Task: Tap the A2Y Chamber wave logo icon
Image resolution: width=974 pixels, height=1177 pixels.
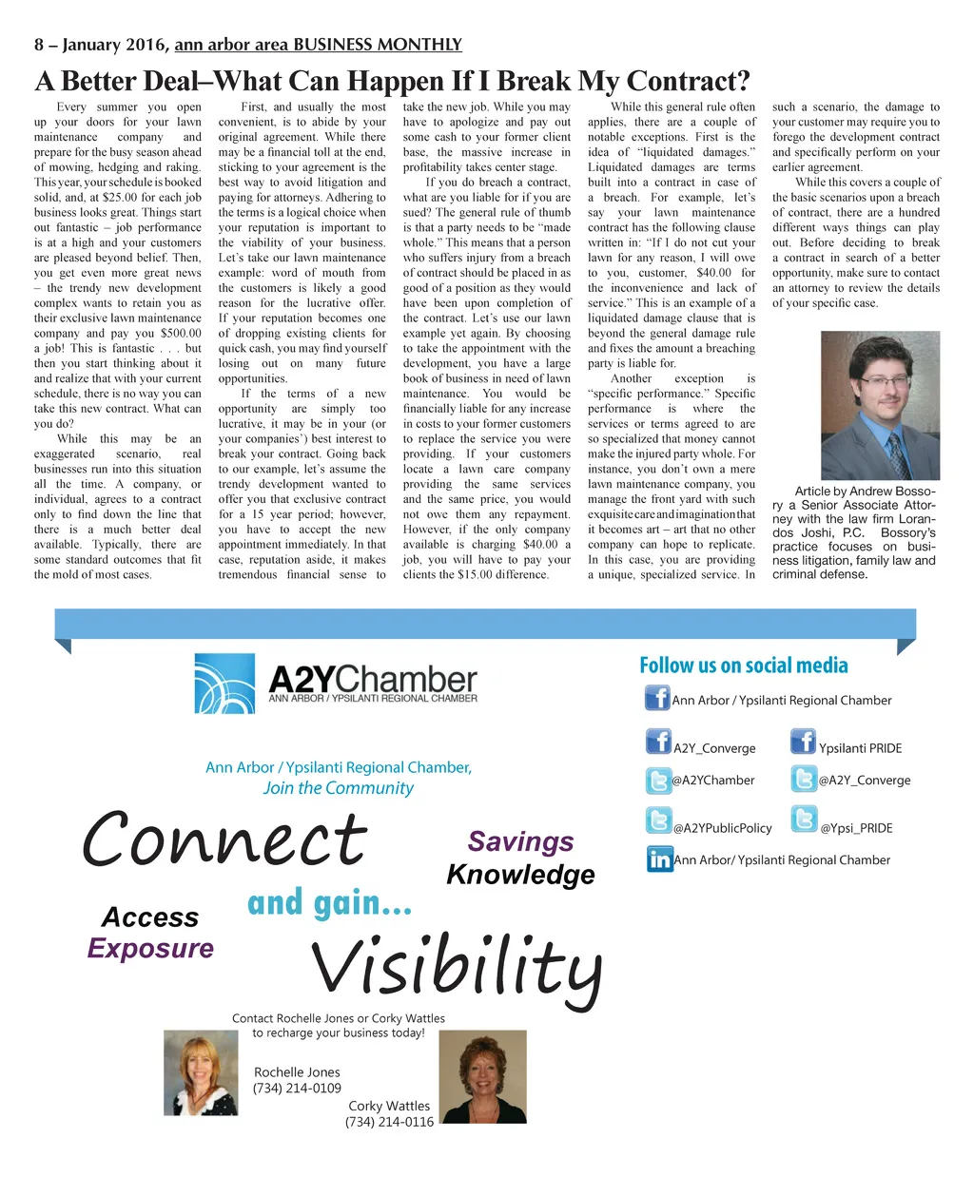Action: [x=224, y=683]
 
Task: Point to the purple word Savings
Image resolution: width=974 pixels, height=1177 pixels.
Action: [x=520, y=841]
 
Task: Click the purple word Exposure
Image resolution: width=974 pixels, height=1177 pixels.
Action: [x=150, y=948]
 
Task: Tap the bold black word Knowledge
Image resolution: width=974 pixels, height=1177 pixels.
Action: [x=520, y=875]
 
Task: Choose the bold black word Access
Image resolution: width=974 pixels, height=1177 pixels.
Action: [x=150, y=917]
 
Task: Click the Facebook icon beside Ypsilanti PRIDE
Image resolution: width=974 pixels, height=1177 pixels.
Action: [x=803, y=742]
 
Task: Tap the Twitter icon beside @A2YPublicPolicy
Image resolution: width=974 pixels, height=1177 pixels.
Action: [x=658, y=820]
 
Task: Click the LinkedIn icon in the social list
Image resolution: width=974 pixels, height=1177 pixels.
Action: [x=658, y=859]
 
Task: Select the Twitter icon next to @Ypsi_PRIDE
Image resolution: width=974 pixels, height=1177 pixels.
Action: [x=805, y=820]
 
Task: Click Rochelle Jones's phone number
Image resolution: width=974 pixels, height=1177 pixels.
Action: [x=297, y=1088]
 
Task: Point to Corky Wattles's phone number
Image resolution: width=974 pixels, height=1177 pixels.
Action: [x=389, y=1122]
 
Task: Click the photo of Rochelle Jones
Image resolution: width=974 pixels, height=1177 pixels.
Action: [x=201, y=1071]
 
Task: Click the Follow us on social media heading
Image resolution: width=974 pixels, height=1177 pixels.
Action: [x=743, y=666]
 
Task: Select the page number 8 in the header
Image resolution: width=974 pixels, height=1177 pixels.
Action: [x=39, y=45]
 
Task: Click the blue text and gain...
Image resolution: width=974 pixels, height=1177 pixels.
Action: [x=329, y=903]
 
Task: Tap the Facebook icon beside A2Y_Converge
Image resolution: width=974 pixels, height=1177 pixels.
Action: [x=658, y=742]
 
